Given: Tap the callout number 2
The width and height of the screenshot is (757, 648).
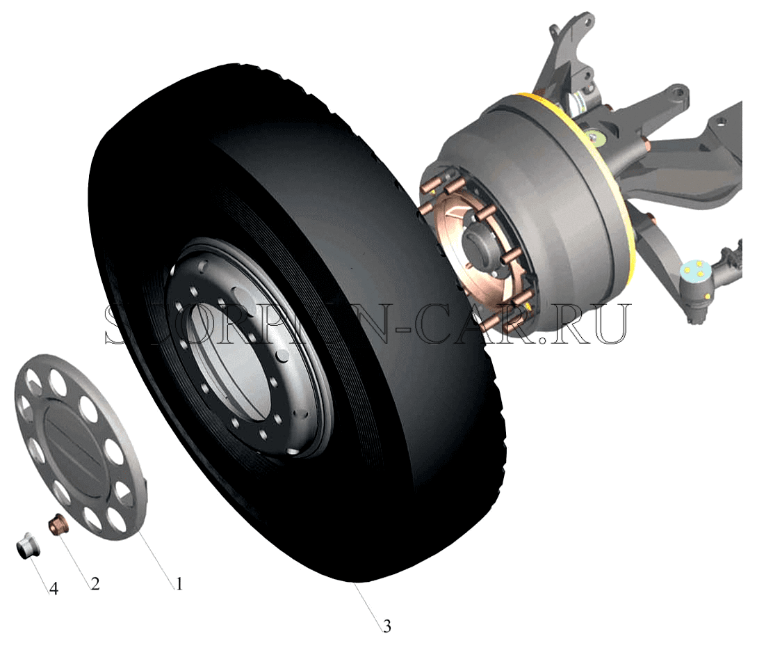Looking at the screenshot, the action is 95,583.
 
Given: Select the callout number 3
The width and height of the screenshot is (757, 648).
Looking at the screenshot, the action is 386,626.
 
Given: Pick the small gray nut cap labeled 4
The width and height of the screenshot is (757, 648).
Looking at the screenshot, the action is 28,546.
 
